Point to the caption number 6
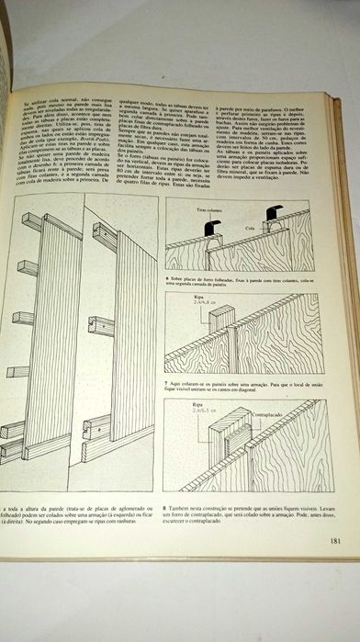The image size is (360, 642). (x=168, y=276)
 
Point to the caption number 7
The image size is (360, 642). (x=168, y=377)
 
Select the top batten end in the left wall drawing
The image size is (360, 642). (x=32, y=221)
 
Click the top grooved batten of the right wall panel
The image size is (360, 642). (x=103, y=236)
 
